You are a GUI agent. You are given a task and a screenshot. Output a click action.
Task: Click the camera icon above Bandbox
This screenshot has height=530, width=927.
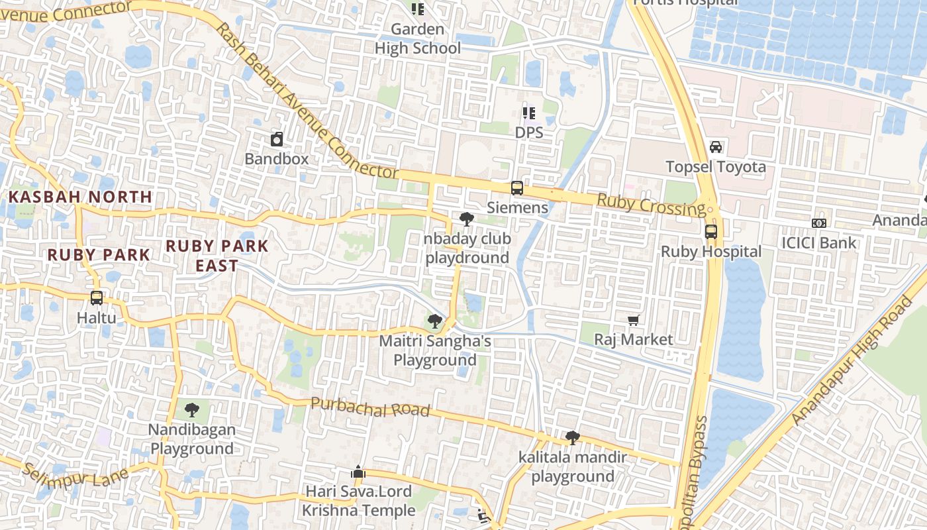click(x=277, y=139)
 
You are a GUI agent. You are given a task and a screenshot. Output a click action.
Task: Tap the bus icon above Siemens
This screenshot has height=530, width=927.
click(x=517, y=188)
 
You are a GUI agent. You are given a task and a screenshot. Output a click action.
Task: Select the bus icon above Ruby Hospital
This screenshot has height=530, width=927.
click(x=711, y=232)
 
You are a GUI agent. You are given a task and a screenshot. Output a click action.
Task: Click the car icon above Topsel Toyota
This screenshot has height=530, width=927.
click(x=716, y=146)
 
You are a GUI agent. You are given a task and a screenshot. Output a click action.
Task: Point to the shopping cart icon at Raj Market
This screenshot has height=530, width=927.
click(x=634, y=321)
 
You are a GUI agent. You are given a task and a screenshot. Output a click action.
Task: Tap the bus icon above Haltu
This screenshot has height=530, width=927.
click(x=97, y=298)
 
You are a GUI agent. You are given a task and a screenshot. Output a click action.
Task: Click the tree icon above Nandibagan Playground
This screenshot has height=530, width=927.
click(x=192, y=410)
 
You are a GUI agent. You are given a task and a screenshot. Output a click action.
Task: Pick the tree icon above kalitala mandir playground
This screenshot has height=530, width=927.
click(x=573, y=438)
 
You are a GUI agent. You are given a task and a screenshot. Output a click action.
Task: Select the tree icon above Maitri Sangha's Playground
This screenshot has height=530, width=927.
click(x=435, y=322)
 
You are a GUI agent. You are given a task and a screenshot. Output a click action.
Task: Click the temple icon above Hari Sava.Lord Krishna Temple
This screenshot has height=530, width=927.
click(x=358, y=472)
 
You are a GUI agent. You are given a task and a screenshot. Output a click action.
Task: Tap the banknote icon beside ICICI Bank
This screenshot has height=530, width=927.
click(x=819, y=223)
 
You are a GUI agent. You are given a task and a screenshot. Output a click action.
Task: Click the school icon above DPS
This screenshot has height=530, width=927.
click(x=528, y=113)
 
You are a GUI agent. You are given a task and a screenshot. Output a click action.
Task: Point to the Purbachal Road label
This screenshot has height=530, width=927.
click(x=370, y=407)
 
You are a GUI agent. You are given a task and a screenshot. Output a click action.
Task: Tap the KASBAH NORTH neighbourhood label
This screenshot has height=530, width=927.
click(x=81, y=197)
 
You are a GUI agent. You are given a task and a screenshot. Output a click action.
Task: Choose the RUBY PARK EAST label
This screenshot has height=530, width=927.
click(x=217, y=256)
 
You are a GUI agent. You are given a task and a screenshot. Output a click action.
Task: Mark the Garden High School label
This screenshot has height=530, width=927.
click(x=418, y=38)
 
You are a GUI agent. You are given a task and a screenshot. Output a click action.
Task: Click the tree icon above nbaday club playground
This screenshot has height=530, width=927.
click(x=467, y=219)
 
